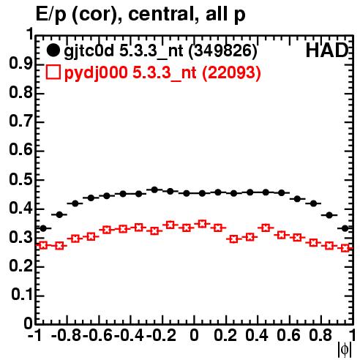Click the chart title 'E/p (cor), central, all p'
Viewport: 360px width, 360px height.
click(x=140, y=15)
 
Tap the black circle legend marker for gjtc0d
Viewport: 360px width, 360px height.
click(x=53, y=50)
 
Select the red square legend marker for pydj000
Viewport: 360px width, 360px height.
click(x=53, y=72)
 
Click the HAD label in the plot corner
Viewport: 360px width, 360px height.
click(x=326, y=50)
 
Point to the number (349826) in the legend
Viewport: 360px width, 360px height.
click(x=223, y=51)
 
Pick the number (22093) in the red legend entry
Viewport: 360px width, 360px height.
click(x=231, y=72)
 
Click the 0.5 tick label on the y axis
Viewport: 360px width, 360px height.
click(x=20, y=179)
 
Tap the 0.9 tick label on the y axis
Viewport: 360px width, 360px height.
click(x=20, y=64)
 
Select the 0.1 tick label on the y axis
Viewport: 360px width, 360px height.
click(x=22, y=295)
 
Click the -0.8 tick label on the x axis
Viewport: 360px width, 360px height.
click(x=67, y=336)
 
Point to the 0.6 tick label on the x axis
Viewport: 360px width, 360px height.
click(x=288, y=336)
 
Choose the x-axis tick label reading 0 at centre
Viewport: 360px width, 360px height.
click(x=194, y=336)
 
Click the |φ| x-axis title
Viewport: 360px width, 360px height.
click(x=345, y=350)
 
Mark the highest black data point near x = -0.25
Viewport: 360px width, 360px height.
click(x=154, y=190)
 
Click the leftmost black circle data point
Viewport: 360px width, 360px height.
click(x=43, y=228)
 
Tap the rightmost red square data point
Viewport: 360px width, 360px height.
click(x=345, y=248)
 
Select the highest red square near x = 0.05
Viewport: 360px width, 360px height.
click(x=202, y=224)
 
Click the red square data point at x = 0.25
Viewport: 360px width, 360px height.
click(x=234, y=239)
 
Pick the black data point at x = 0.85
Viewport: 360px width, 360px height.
click(x=329, y=215)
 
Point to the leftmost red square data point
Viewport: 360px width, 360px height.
click(x=43, y=245)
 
